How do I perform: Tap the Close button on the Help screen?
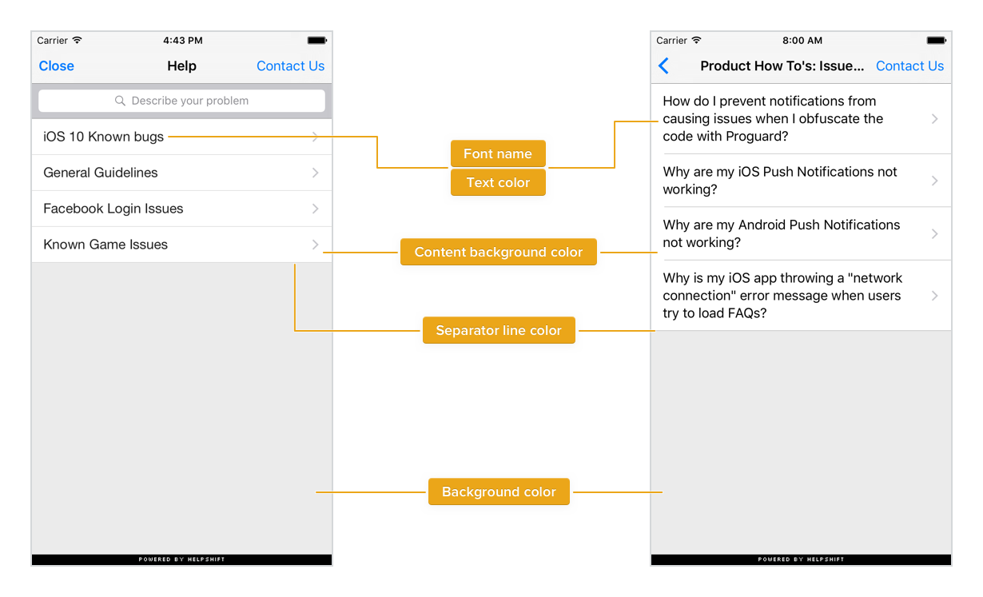pyautogui.click(x=57, y=66)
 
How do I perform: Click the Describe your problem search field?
pyautogui.click(x=182, y=101)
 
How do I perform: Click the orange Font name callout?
pyautogui.click(x=498, y=154)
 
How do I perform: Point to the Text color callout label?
pyautogui.click(x=498, y=182)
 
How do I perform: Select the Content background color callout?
pyautogui.click(x=499, y=252)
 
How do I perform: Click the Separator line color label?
pyautogui.click(x=499, y=330)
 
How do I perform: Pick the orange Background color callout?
pyautogui.click(x=499, y=492)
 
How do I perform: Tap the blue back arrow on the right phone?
pyautogui.click(x=663, y=66)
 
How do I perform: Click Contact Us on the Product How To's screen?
pyautogui.click(x=909, y=66)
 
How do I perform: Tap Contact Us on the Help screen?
pyautogui.click(x=290, y=66)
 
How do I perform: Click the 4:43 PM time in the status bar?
pyautogui.click(x=182, y=40)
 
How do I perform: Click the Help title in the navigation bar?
pyautogui.click(x=181, y=66)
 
